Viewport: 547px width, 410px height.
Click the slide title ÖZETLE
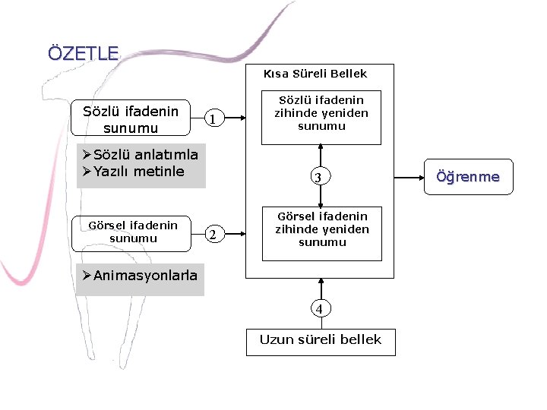click(84, 54)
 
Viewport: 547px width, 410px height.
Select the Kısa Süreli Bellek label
click(315, 74)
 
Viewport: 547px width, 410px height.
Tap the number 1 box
click(213, 119)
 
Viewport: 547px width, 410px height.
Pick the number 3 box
click(319, 178)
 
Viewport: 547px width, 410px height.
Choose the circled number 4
click(319, 309)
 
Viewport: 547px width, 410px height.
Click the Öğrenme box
click(467, 177)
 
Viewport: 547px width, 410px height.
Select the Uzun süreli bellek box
click(321, 340)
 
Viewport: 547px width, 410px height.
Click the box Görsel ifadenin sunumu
click(133, 232)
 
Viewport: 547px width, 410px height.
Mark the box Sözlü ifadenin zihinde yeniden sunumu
click(321, 113)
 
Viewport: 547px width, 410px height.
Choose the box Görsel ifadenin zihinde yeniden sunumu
click(322, 229)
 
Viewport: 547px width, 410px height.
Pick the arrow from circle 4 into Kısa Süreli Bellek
click(321, 289)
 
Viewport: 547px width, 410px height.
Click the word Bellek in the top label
click(349, 74)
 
